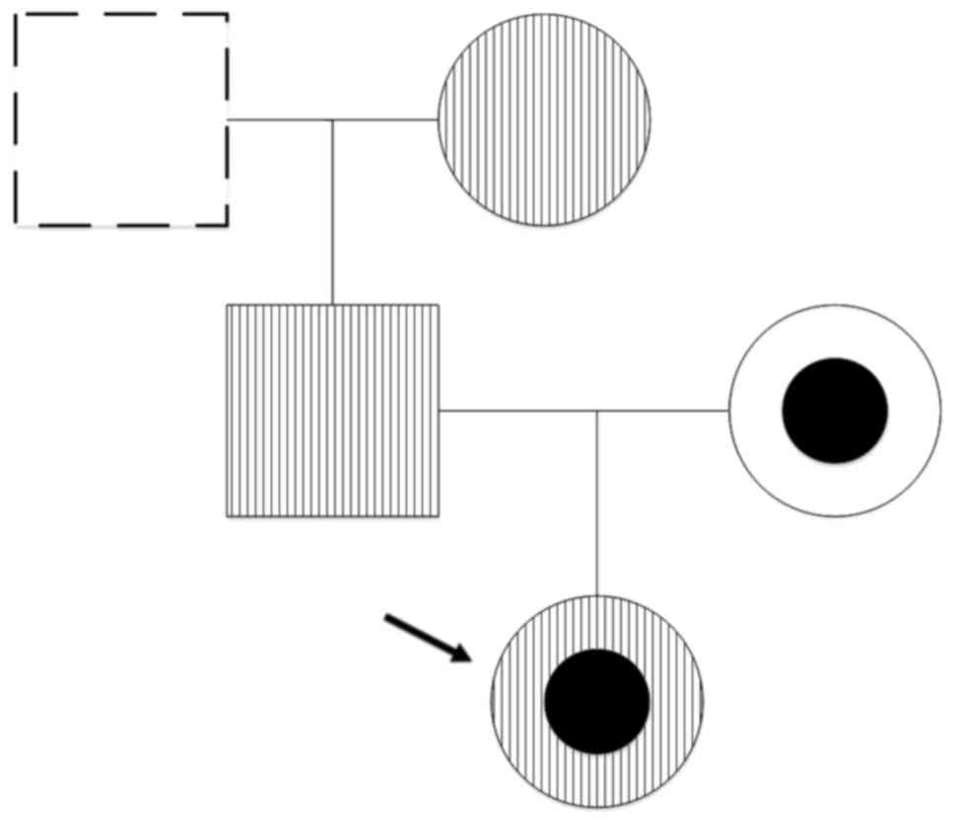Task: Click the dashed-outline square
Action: [x=121, y=119]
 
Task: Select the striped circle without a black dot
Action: [x=544, y=119]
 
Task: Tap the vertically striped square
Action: [x=332, y=410]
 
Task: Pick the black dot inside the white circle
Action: [x=835, y=410]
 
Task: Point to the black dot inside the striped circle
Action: [x=597, y=701]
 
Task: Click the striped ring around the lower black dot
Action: [x=517, y=701]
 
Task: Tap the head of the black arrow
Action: [x=466, y=657]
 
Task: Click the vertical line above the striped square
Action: [x=332, y=212]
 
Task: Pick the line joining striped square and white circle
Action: [x=512, y=410]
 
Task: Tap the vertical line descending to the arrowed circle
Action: [x=597, y=503]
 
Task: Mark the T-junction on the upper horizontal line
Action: [x=332, y=120]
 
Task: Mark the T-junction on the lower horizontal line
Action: [x=597, y=410]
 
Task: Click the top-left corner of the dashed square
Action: [x=16, y=15]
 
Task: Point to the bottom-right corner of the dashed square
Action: [x=227, y=225]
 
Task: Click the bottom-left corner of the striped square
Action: [x=228, y=515]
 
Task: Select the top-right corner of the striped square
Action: [x=438, y=305]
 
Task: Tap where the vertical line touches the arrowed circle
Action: [x=597, y=595]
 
